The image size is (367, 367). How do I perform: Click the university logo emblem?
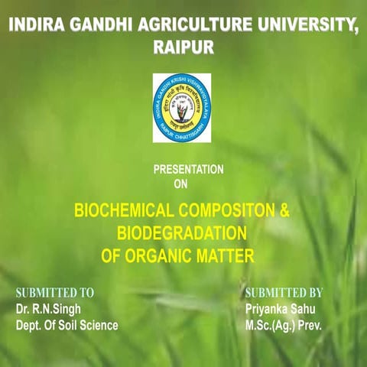tap(181, 107)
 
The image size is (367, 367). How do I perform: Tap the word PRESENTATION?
tap(188, 170)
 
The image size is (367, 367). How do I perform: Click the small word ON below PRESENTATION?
tap(180, 183)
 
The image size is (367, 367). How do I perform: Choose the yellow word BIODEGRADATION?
tap(181, 232)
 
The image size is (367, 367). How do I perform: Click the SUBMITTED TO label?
tap(55, 293)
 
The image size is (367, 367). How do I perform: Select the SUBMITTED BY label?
tap(284, 293)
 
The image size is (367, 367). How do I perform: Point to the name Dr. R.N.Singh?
tap(48, 309)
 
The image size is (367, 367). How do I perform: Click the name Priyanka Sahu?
tap(280, 309)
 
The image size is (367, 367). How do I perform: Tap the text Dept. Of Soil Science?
tap(67, 326)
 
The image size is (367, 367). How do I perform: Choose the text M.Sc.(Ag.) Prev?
tap(284, 326)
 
